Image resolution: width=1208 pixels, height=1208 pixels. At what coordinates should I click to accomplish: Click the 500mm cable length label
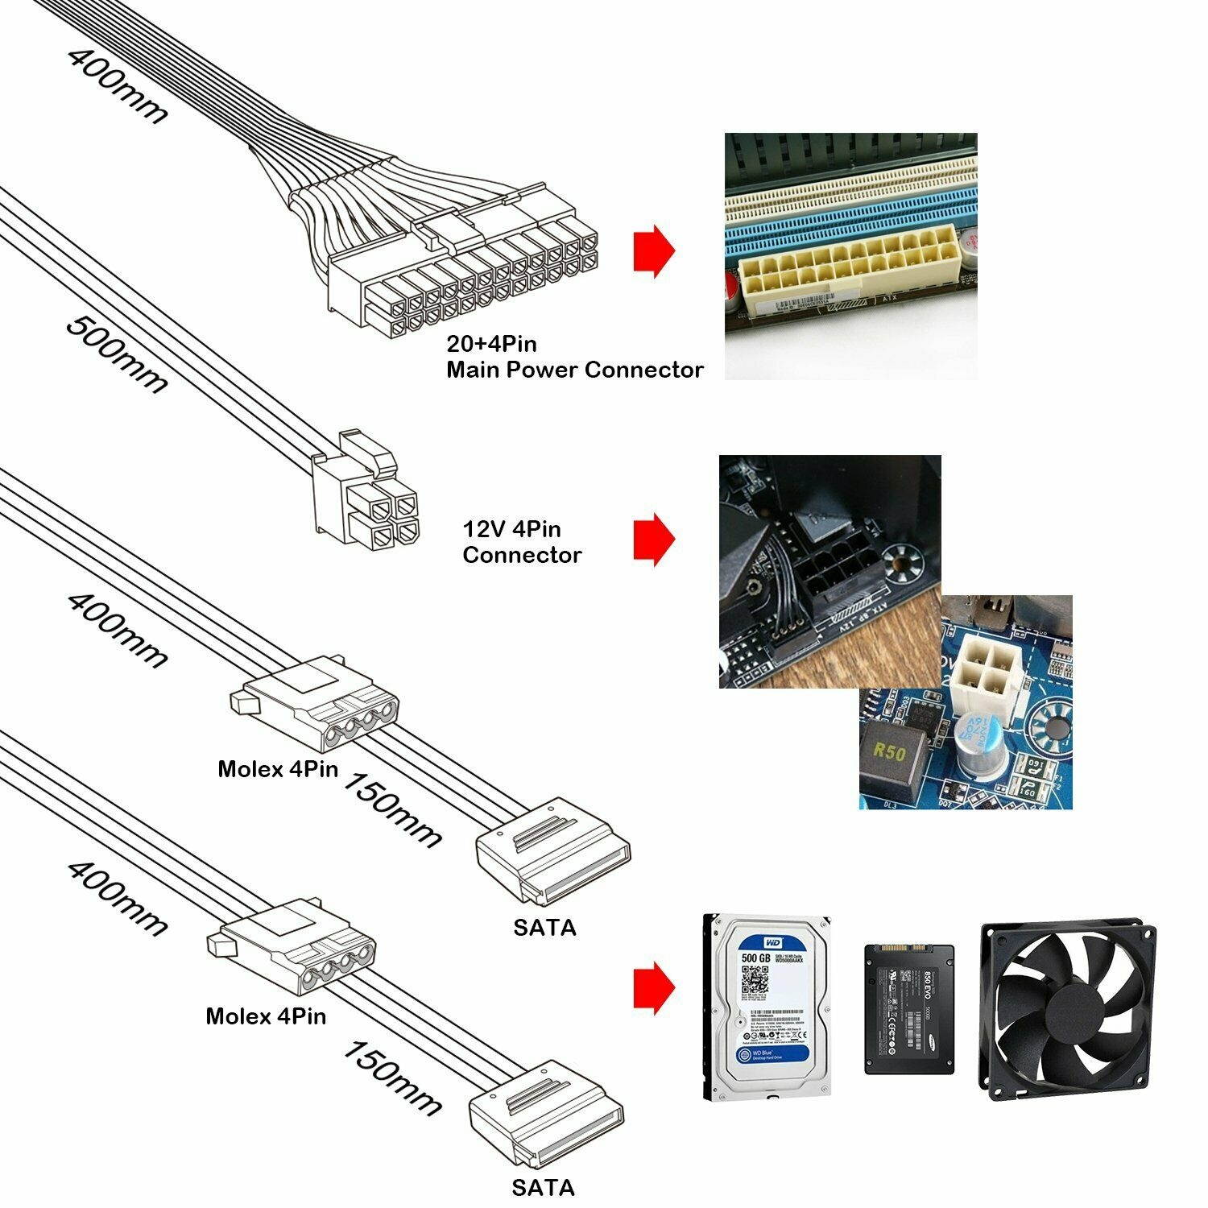117,354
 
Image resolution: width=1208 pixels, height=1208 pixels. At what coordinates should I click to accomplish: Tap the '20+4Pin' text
491,345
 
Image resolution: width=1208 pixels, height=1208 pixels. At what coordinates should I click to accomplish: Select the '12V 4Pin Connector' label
522,542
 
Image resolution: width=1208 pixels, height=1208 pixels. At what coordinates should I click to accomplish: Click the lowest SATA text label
544,1187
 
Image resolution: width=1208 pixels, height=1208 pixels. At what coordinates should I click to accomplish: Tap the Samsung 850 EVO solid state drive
908,1008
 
